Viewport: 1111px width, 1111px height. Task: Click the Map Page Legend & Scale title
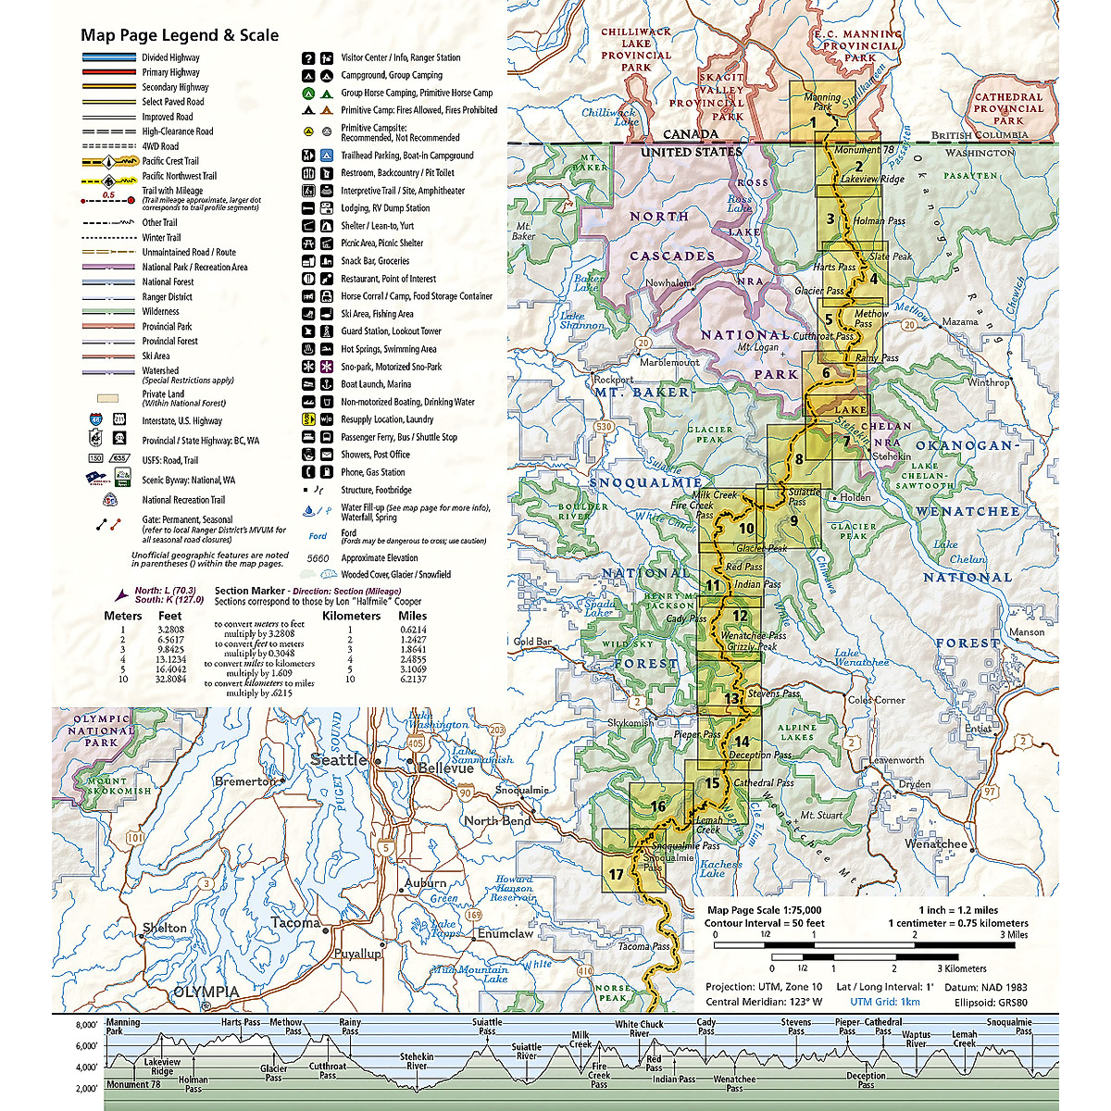(x=179, y=35)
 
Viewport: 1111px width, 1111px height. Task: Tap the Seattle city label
(x=338, y=759)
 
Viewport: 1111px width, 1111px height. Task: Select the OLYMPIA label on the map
(x=206, y=992)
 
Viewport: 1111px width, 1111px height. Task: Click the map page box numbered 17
(x=617, y=874)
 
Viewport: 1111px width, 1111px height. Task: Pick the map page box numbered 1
(x=813, y=121)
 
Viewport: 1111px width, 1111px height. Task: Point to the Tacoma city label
(x=296, y=922)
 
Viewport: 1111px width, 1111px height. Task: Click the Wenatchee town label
(x=935, y=843)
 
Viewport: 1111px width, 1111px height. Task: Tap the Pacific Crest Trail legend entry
(x=170, y=161)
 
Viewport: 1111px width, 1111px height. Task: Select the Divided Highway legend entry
(x=170, y=57)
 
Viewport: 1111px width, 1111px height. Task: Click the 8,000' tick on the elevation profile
(x=86, y=1025)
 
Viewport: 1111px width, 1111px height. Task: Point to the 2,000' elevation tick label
(x=86, y=1089)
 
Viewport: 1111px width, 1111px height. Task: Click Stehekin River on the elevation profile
(x=417, y=1060)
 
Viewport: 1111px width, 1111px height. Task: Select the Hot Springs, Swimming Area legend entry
(x=388, y=349)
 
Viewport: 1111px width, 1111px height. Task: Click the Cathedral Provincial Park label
(x=1008, y=108)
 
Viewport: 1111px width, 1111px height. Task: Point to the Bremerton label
(x=245, y=781)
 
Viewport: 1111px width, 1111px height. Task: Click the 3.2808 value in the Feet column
(x=170, y=630)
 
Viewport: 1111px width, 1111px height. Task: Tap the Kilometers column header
(x=351, y=616)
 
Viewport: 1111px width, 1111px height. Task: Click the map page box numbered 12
(x=739, y=616)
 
